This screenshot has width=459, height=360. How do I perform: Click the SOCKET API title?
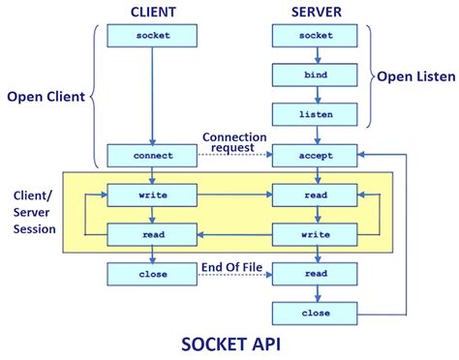pyautogui.click(x=229, y=344)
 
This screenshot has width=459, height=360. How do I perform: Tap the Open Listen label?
pyautogui.click(x=413, y=75)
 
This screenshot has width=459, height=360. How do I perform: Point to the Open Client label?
pyautogui.click(x=46, y=97)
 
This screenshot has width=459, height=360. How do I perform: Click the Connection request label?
pyautogui.click(x=234, y=142)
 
